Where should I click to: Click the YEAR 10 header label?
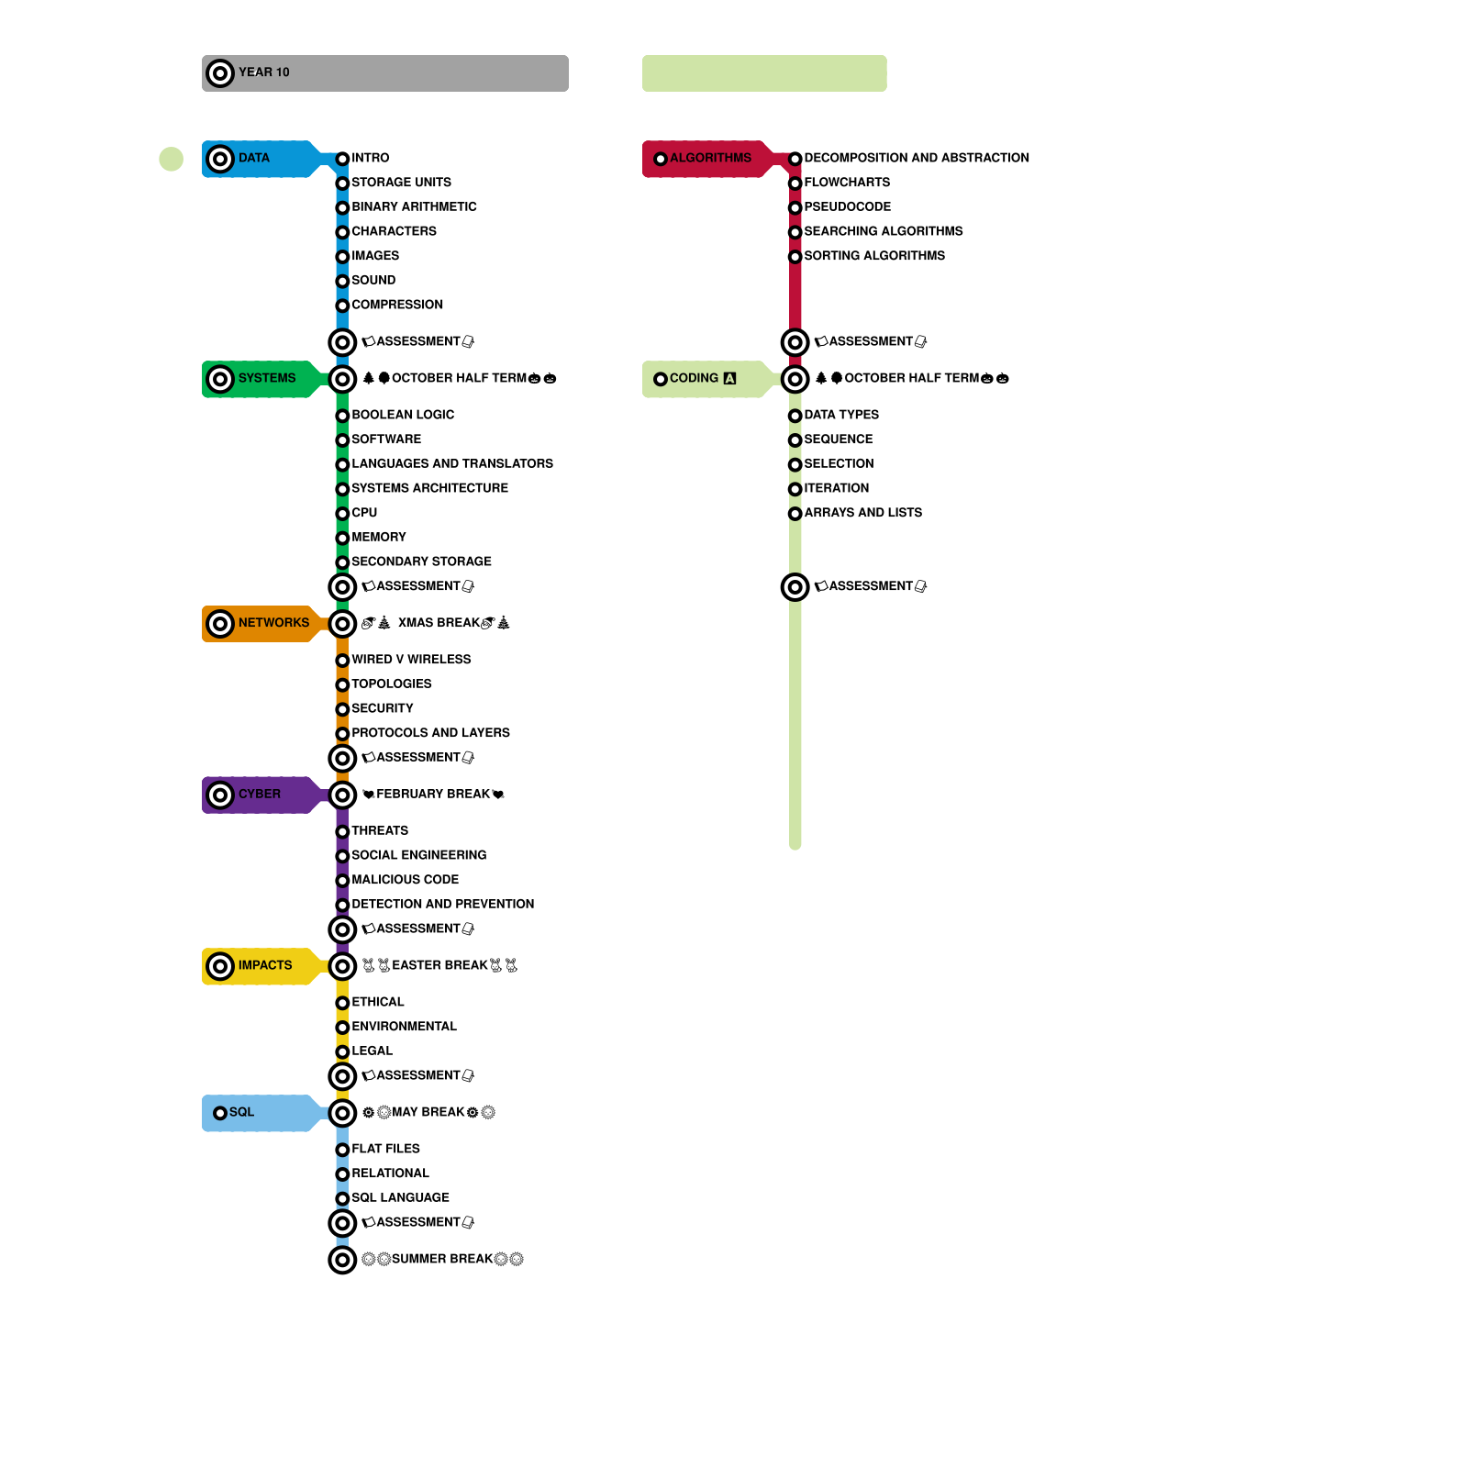point(264,72)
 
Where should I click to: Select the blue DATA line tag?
point(255,159)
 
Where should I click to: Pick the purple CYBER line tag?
point(259,795)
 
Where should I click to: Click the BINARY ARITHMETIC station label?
point(414,207)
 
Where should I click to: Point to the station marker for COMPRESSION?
point(342,306)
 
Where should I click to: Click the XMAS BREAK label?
point(436,624)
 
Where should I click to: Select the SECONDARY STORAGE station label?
point(421,562)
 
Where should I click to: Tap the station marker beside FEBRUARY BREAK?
point(342,795)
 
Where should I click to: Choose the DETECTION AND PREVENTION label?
point(442,905)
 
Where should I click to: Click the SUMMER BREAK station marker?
point(342,1260)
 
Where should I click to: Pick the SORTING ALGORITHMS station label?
point(873,256)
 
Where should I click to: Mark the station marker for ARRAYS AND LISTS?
point(795,514)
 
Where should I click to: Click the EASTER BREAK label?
point(439,966)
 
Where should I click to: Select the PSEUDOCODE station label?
point(847,207)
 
